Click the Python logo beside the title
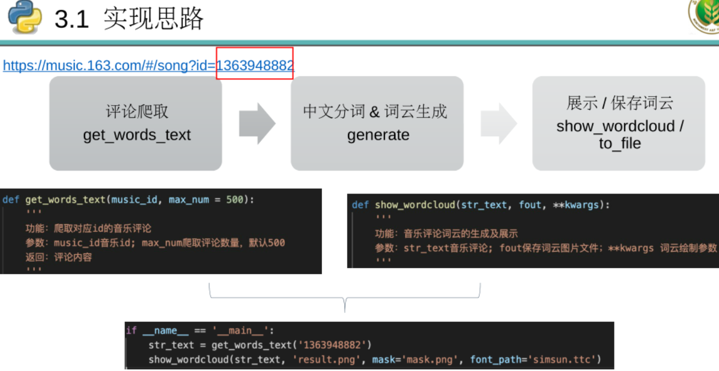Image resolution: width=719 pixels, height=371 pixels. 25,17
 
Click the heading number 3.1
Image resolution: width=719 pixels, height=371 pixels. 72,20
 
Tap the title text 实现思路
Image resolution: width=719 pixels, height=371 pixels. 154,19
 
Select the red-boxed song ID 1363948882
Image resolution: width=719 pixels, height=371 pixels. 255,65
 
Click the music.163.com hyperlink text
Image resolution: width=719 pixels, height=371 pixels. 109,66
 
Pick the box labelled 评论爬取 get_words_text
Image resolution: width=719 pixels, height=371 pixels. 136,123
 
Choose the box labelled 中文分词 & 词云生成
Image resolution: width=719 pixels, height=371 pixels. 377,123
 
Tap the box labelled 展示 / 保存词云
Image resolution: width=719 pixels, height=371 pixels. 619,123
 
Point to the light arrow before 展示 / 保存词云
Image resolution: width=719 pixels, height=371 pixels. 498,123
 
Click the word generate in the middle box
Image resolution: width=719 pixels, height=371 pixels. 378,135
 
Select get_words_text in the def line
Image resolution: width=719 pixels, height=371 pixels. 66,200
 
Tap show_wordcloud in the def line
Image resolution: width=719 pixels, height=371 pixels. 415,205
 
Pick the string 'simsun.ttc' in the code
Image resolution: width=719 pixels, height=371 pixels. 563,360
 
